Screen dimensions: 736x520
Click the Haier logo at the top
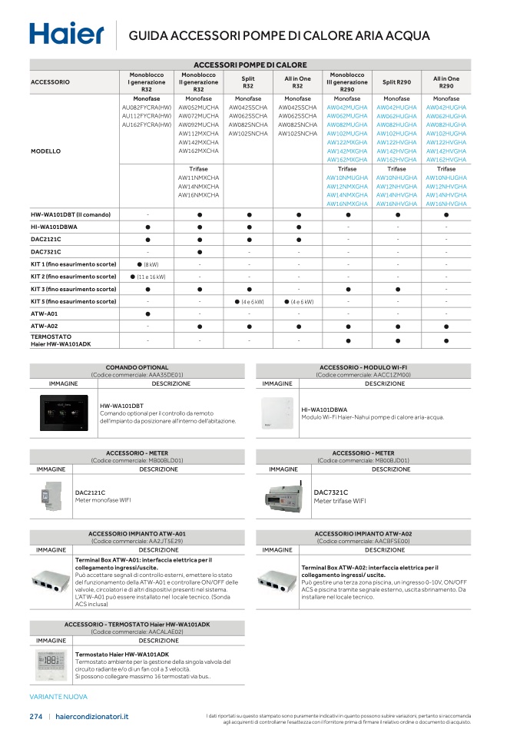click(66, 34)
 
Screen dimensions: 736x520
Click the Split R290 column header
click(396, 81)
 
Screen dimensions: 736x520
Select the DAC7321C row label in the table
click(46, 251)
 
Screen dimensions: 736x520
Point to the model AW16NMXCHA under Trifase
click(199, 195)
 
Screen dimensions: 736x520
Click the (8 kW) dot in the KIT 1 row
click(142, 264)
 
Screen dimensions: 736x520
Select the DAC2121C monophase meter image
click(45, 497)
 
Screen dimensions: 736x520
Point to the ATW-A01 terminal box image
click(51, 581)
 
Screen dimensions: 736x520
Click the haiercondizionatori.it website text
click(92, 716)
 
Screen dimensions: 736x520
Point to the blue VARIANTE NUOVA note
click(58, 697)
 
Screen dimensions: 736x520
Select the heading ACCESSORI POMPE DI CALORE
click(250, 65)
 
